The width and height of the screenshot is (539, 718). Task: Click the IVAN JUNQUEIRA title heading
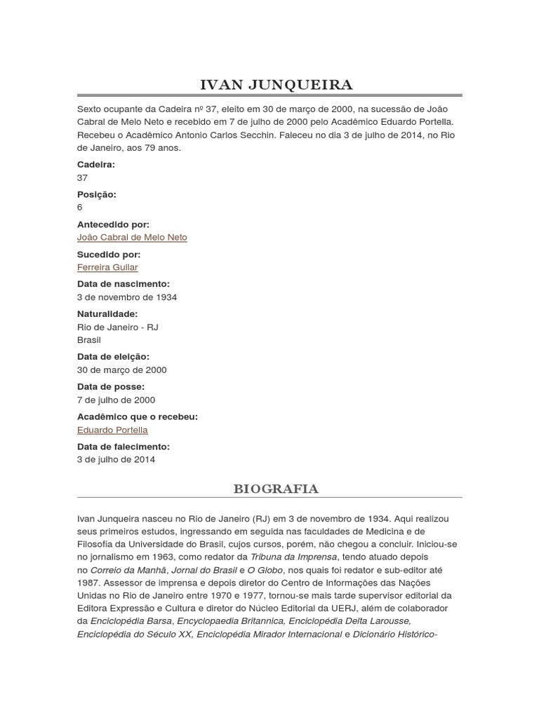(277, 85)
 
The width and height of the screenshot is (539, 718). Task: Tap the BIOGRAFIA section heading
(275, 489)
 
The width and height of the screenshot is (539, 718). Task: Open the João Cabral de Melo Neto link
(132, 237)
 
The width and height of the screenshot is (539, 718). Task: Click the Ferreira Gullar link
(107, 267)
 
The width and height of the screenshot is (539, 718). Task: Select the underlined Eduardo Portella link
(112, 430)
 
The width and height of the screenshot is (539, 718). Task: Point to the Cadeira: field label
(95, 164)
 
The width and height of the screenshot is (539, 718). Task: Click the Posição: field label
(97, 194)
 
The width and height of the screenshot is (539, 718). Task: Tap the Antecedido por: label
(113, 224)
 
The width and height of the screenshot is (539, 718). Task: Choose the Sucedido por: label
(109, 255)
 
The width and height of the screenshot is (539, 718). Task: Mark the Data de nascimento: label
(124, 284)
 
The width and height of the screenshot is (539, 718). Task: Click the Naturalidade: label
(107, 314)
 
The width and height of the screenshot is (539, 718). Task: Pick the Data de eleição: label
(113, 357)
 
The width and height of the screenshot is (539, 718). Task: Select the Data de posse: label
(111, 387)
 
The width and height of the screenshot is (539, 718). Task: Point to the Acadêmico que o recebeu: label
(138, 416)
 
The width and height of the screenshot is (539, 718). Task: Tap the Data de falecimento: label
(124, 447)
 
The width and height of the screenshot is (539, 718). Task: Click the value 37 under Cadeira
(82, 177)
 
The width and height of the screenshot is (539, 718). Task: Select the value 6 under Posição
(80, 207)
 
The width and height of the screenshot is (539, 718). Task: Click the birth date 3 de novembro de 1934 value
(127, 297)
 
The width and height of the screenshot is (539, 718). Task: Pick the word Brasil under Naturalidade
(89, 340)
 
